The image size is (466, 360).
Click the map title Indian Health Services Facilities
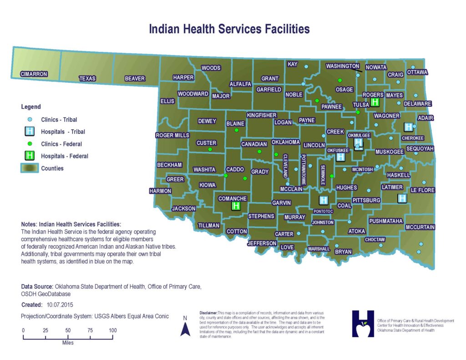pos(229,29)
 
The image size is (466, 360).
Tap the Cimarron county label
pos(34,74)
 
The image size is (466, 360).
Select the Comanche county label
pos(233,198)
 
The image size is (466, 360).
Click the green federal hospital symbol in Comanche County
pos(236,206)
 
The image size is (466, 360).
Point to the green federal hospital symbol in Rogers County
pos(375,102)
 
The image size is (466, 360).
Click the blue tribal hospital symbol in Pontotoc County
pos(324,200)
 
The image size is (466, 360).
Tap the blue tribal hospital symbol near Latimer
pos(402,198)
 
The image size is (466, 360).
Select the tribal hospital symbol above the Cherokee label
pos(408,127)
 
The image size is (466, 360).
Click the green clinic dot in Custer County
pos(210,149)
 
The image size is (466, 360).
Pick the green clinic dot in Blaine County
pos(236,130)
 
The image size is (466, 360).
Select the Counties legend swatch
pos(30,168)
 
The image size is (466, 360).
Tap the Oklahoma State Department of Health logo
pos(363,324)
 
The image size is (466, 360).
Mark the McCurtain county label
pos(420,227)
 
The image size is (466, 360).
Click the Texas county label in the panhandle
pos(87,78)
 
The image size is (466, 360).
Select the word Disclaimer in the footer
pos(208,313)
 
